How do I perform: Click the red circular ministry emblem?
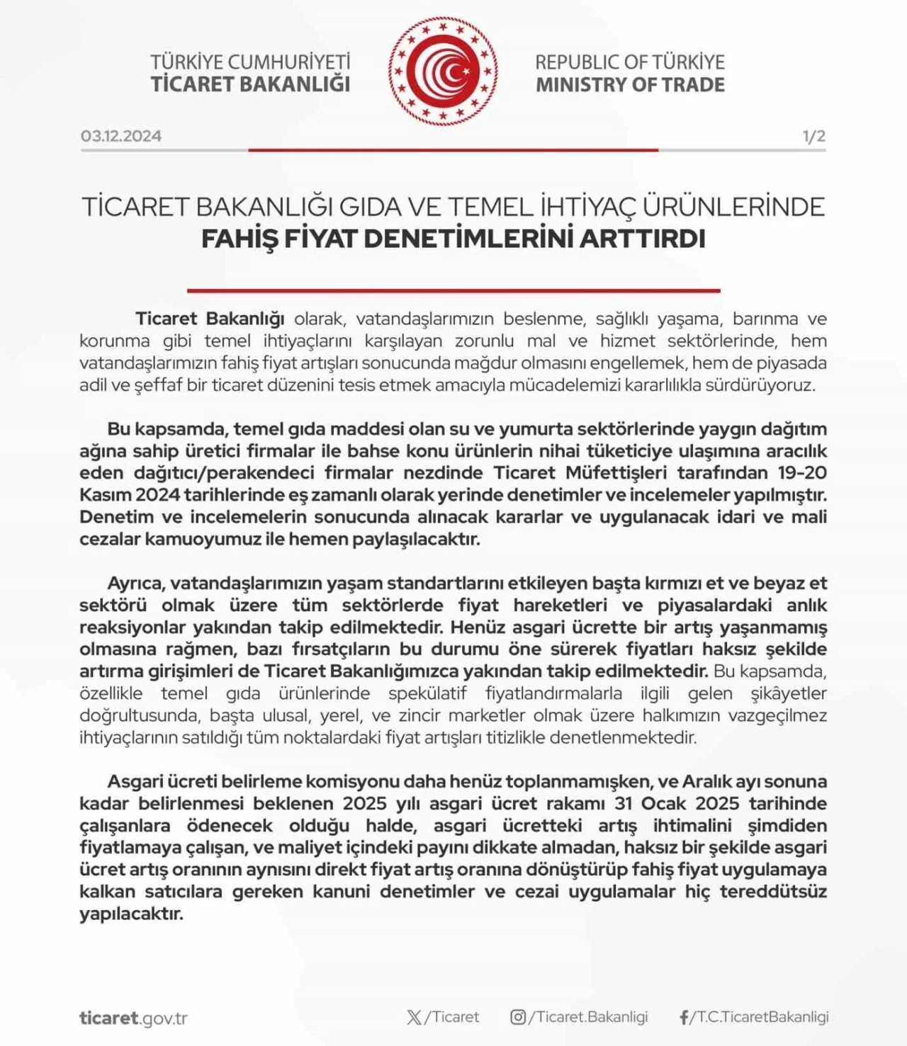pos(443,71)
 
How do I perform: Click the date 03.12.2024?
pos(121,136)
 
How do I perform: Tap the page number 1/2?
pos(813,136)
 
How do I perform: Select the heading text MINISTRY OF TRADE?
pos(630,85)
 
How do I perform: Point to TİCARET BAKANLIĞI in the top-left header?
pos(250,84)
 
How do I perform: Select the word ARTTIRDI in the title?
pos(642,239)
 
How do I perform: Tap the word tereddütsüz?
pos(773,891)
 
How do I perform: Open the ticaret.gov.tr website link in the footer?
pos(133,1018)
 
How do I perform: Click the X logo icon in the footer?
pos(414,1018)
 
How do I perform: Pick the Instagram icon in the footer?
pos(518,1018)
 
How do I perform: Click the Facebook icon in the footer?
pos(683,1018)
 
